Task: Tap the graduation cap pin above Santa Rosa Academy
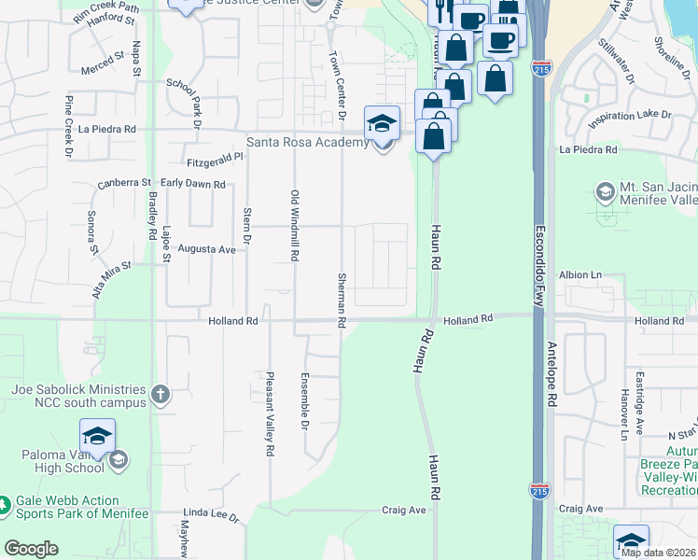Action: (382, 123)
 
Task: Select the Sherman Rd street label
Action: (342, 300)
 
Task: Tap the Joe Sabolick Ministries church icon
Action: (161, 395)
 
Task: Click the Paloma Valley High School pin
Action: (97, 436)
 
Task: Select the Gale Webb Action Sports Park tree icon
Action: (6, 505)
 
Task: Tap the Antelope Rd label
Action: (551, 373)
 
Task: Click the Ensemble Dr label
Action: (304, 401)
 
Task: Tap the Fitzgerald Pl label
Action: (215, 161)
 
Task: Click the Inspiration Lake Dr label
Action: (630, 115)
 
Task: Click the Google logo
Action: (31, 549)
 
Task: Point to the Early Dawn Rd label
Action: (193, 185)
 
